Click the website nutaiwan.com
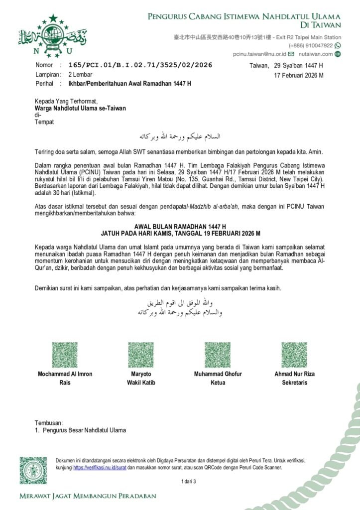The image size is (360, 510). pyautogui.click(x=316, y=54)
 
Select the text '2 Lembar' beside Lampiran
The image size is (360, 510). pyautogui.click(x=80, y=74)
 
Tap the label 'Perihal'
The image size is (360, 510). pyautogui.click(x=44, y=83)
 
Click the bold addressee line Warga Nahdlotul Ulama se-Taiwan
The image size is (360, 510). pyautogui.click(x=80, y=108)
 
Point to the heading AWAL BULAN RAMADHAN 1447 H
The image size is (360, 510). pyautogui.click(x=180, y=226)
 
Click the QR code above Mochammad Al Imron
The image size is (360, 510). pyautogui.click(x=65, y=355)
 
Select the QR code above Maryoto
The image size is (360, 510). pyautogui.click(x=141, y=355)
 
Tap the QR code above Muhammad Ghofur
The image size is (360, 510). pyautogui.click(x=218, y=355)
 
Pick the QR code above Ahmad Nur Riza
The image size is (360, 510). pyautogui.click(x=294, y=355)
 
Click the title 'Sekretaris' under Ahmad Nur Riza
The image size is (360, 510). pyautogui.click(x=294, y=382)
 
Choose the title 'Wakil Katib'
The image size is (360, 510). pyautogui.click(x=141, y=382)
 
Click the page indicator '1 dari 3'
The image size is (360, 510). pyautogui.click(x=189, y=481)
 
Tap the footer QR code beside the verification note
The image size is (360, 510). pyautogui.click(x=33, y=470)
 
